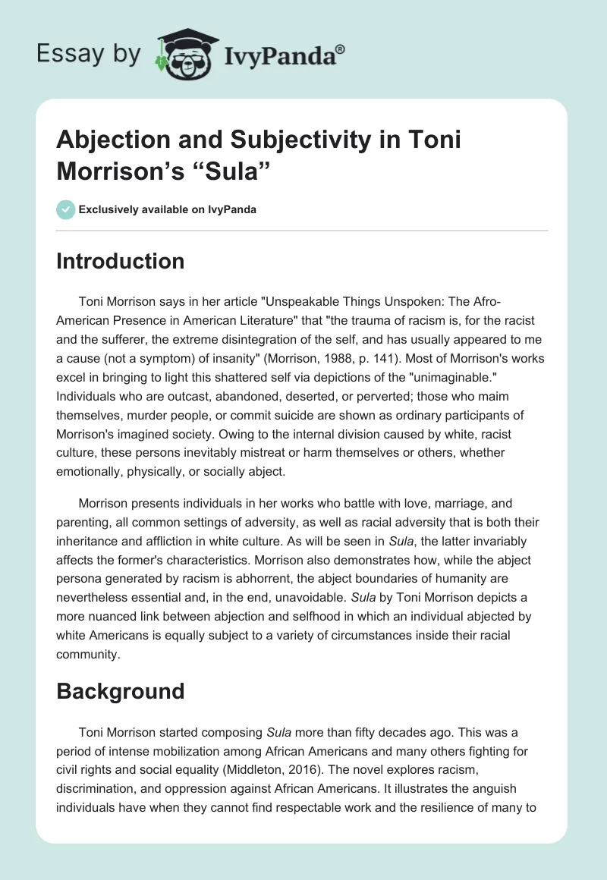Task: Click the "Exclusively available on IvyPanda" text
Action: (x=166, y=209)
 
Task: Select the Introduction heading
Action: (x=121, y=261)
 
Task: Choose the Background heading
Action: (x=120, y=691)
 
